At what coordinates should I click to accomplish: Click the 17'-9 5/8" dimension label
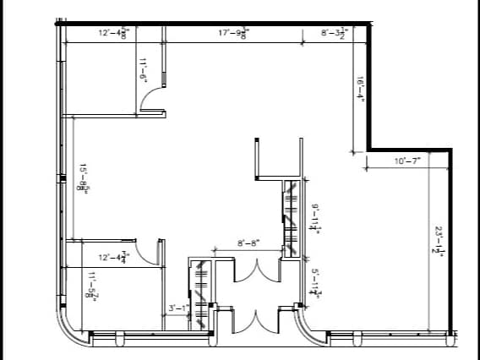coord(234,33)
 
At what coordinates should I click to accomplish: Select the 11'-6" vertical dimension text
coord(144,68)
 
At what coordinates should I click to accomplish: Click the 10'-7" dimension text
coord(407,161)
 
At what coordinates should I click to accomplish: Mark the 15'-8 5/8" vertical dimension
coord(84,178)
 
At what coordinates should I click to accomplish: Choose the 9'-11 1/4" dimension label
coord(314,217)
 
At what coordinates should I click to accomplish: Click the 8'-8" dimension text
coord(248,243)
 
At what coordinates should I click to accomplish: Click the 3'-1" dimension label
coord(177,308)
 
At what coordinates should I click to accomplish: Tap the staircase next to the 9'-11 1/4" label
coord(290,217)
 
